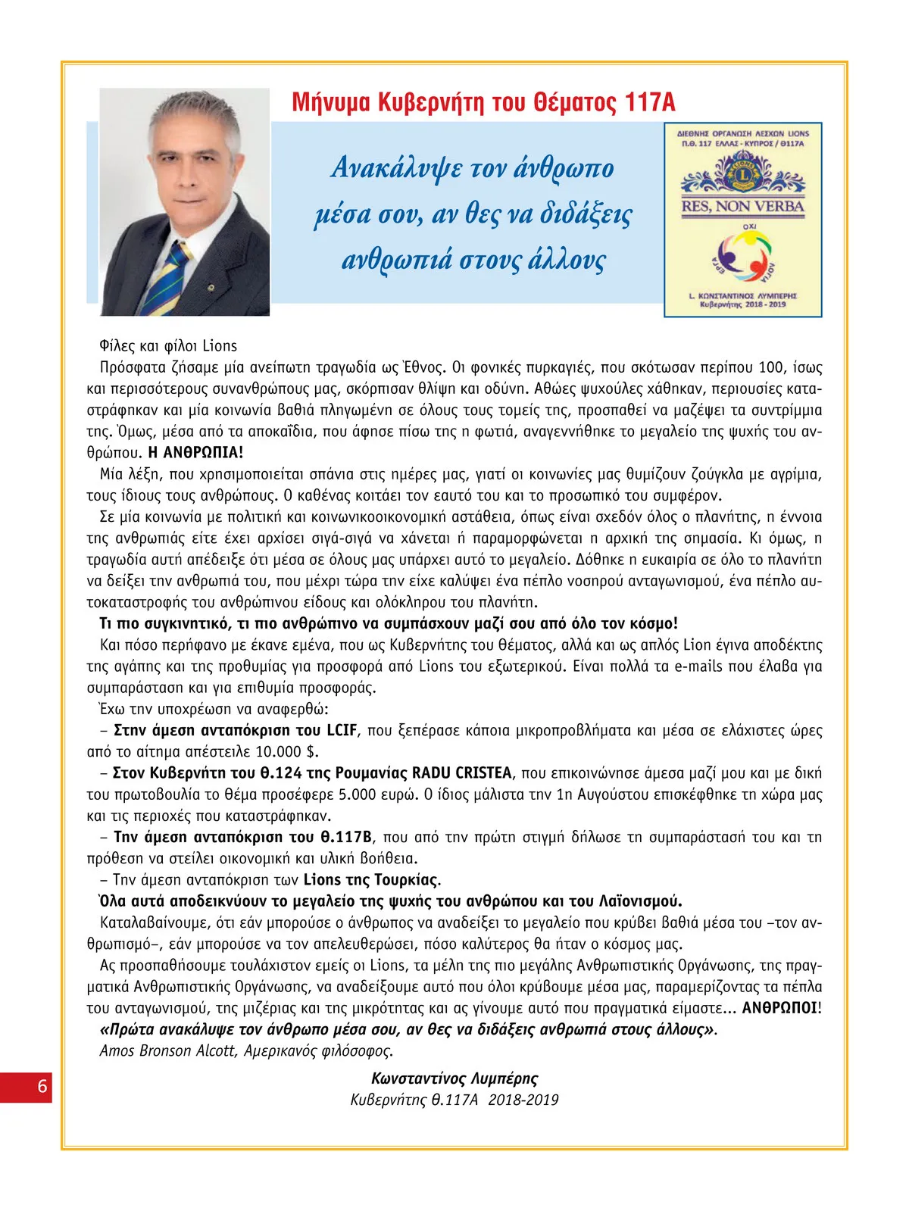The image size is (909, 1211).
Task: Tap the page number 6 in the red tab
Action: [x=42, y=1086]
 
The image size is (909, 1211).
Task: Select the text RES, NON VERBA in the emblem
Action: [x=742, y=206]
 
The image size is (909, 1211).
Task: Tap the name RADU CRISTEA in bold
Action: [x=461, y=773]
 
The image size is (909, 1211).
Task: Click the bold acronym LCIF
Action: [x=342, y=730]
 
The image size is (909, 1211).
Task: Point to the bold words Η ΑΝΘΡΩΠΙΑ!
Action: [x=196, y=453]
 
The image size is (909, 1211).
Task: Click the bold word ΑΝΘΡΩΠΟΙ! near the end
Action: [x=781, y=1008]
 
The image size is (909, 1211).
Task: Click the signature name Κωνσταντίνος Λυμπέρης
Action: [x=454, y=1078]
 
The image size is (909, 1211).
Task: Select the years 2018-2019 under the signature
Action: [x=523, y=1100]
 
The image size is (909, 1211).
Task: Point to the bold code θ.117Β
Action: [x=345, y=837]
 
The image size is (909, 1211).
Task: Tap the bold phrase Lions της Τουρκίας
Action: [x=370, y=880]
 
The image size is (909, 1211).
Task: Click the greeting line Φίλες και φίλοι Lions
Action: [x=168, y=346]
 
